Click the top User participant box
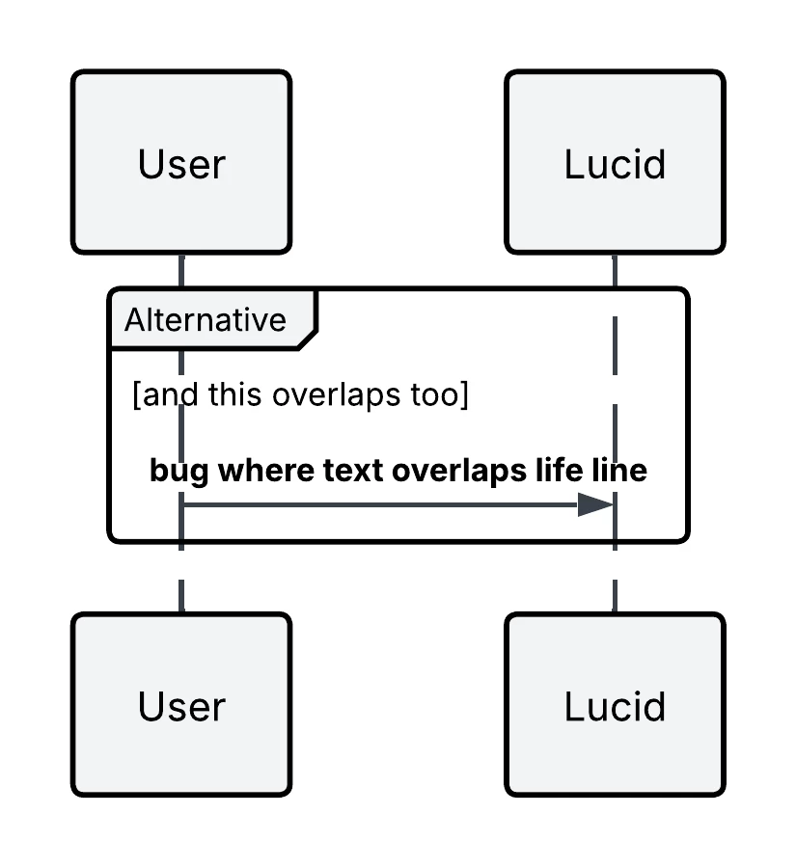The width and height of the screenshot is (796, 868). [181, 162]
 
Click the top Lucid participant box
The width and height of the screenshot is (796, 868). [615, 162]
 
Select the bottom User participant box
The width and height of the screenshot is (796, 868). [181, 705]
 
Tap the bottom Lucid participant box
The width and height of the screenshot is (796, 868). [615, 705]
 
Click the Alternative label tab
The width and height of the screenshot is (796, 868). [205, 319]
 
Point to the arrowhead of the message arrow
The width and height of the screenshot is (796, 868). [595, 504]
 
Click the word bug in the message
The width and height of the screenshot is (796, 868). [179, 472]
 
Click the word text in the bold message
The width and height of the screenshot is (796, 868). [354, 472]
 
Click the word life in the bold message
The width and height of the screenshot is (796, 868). [560, 472]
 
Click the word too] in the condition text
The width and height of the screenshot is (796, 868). [442, 395]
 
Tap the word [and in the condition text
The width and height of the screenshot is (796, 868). [161, 395]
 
